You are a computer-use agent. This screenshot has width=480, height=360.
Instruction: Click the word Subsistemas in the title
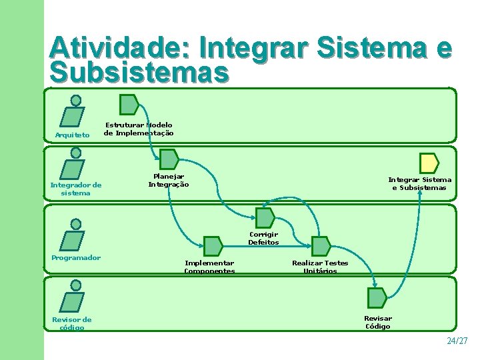(139, 73)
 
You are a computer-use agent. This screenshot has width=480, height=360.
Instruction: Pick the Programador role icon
(74, 236)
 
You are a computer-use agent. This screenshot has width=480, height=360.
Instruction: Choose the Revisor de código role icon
(74, 297)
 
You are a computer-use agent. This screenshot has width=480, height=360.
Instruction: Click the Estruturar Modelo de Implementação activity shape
(128, 105)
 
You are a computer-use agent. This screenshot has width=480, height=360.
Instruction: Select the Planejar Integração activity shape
(169, 159)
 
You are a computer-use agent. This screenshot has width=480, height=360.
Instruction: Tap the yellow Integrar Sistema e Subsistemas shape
(429, 163)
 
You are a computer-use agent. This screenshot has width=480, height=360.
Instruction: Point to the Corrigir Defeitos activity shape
(265, 218)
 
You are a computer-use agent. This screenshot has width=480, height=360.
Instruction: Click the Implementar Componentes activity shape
(213, 246)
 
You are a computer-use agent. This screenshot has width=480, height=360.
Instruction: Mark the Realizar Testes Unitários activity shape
(321, 246)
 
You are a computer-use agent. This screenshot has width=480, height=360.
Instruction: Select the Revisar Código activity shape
(377, 298)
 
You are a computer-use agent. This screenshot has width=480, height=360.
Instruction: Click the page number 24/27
(457, 341)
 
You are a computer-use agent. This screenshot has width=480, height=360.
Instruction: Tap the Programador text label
(76, 258)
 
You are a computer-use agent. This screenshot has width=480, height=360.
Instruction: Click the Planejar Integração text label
(169, 181)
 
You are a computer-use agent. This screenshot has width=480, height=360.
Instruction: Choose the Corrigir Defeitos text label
(263, 239)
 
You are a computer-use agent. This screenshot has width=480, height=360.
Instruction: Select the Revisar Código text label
(378, 323)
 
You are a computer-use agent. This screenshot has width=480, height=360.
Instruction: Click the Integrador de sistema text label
(76, 189)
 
